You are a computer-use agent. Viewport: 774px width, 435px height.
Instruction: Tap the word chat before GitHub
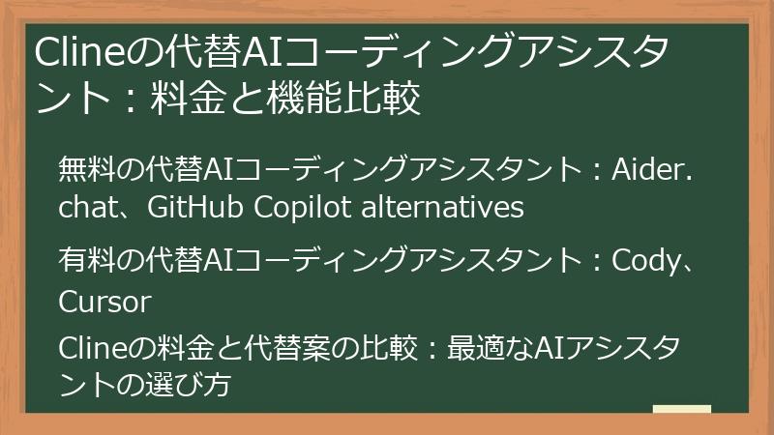[x=86, y=207]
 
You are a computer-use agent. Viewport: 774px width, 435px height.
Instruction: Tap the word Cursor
[x=104, y=303]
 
